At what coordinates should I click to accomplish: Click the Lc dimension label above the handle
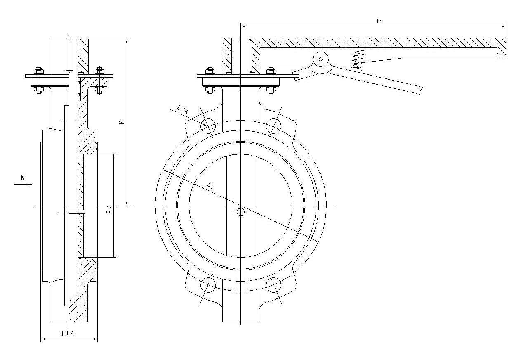point(379,21)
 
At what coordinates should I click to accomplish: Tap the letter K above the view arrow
point(23,178)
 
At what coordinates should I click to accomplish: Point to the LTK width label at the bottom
point(67,334)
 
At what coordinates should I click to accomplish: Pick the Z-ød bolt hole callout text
point(181,109)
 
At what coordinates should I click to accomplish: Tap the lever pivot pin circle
point(321,59)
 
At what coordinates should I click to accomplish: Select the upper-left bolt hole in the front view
point(209,125)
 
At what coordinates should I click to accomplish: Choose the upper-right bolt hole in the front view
point(273,125)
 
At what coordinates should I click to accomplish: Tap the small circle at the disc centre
point(241,212)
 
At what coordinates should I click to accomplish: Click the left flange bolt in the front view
point(210,79)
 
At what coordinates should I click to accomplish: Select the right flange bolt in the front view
point(271,79)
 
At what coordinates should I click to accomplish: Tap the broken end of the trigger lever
point(421,89)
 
